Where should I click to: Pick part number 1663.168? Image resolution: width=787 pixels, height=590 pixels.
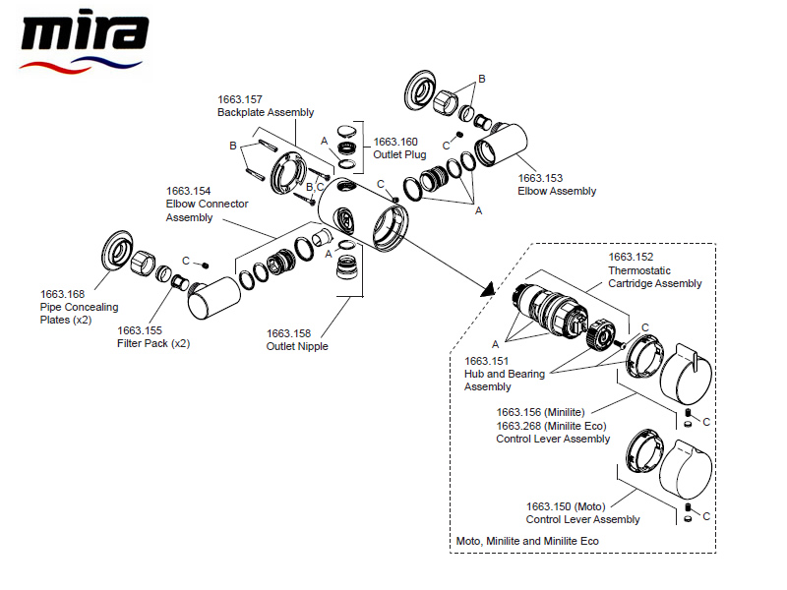point(61,294)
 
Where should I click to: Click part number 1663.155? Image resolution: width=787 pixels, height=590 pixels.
point(138,331)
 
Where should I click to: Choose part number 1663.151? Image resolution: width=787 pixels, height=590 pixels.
point(485,361)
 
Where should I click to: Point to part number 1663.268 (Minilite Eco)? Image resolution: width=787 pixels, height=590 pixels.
point(551,426)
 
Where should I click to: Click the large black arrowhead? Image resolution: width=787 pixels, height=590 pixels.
point(484,289)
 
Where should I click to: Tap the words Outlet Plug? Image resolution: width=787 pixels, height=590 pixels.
point(399,154)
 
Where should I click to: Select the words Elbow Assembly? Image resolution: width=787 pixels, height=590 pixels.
point(557,192)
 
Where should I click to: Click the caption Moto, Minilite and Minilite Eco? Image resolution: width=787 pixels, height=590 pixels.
point(527,541)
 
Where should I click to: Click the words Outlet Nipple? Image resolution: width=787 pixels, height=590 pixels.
point(297,347)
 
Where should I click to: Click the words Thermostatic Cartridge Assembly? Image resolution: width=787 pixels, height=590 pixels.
point(654,277)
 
